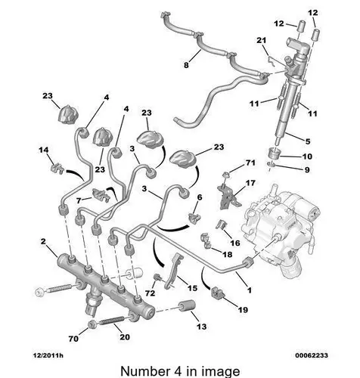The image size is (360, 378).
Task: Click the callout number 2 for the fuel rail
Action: click(44, 241)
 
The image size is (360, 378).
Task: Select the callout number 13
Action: click(202, 327)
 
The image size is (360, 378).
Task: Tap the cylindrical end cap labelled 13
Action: click(187, 305)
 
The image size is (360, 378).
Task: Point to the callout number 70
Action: click(73, 339)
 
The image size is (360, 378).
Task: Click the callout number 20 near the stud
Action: click(125, 337)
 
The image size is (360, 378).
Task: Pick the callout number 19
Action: click(243, 309)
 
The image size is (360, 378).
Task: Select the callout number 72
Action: click(151, 293)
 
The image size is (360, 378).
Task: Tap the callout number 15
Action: click(192, 288)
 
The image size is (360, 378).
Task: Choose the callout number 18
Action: click(227, 255)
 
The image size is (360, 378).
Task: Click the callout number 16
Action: click(235, 243)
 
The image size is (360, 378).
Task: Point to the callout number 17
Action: click(250, 183)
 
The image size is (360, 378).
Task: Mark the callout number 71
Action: click(250, 163)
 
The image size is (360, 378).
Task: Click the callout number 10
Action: click(307, 156)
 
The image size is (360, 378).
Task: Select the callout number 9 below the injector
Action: click(307, 169)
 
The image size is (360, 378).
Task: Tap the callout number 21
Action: click(262, 40)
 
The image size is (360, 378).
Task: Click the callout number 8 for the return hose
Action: click(186, 65)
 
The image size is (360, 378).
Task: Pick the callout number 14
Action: click(43, 150)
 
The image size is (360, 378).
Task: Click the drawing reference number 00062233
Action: click(312, 355)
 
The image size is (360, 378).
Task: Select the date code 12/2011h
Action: click(48, 355)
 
